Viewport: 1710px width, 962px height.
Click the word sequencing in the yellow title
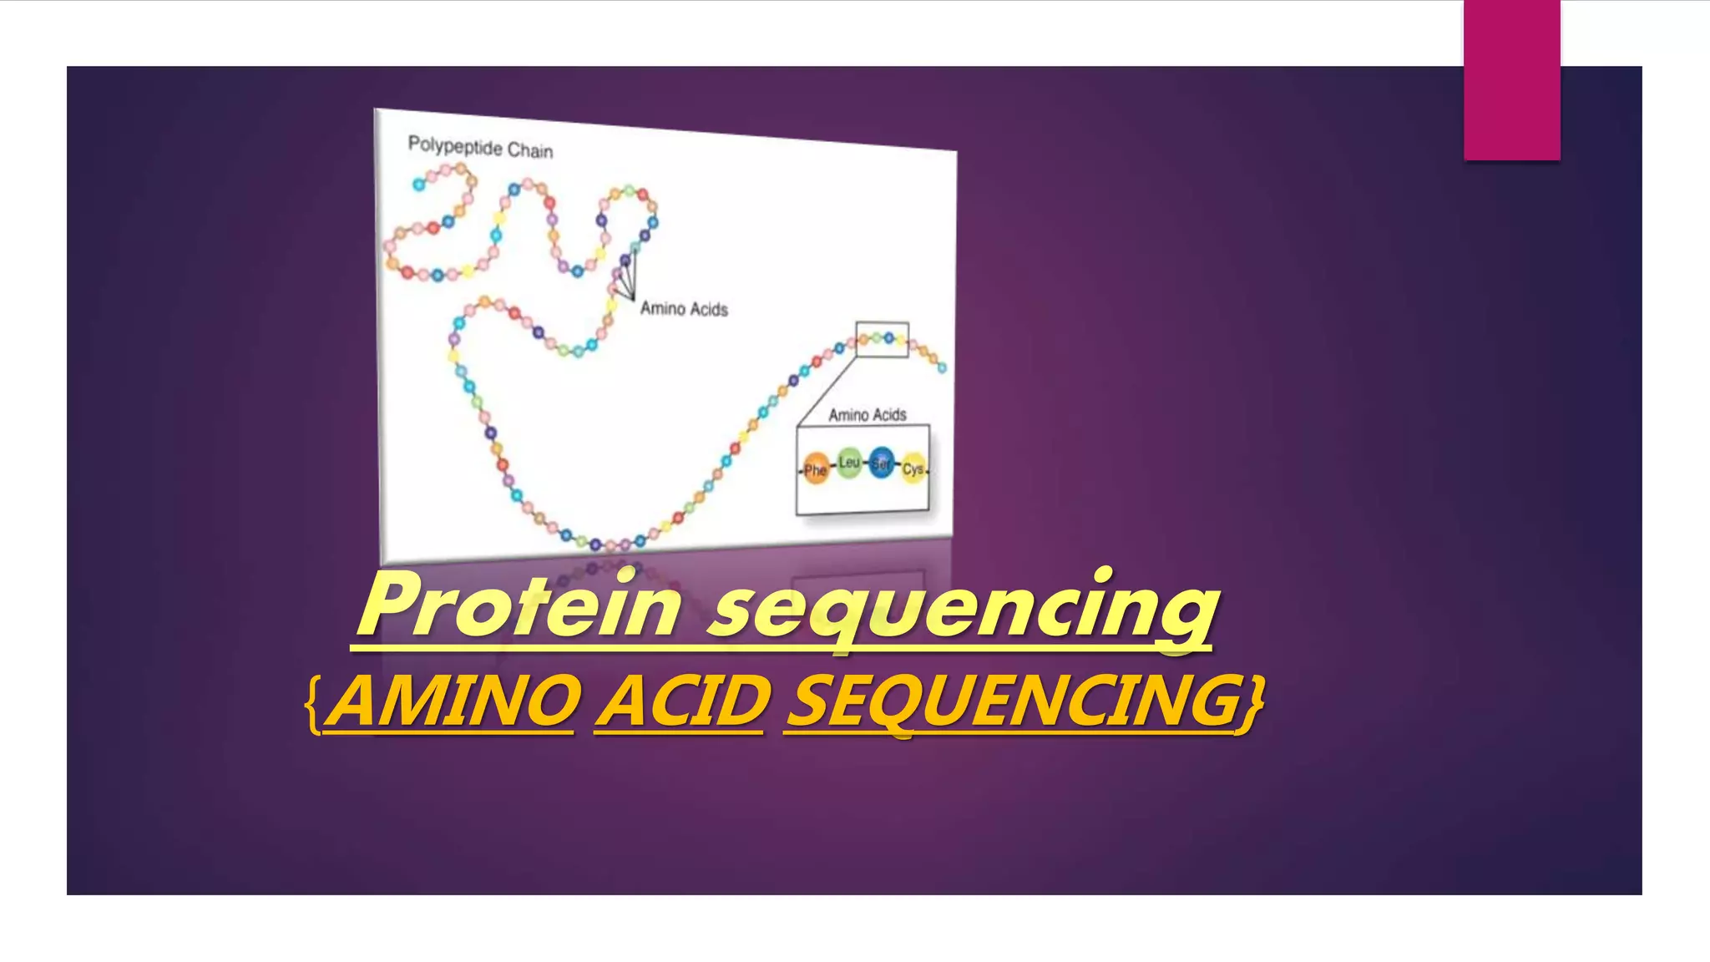(x=964, y=610)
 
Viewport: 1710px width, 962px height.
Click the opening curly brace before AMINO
(x=313, y=706)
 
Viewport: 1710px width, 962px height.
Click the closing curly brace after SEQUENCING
(x=1253, y=706)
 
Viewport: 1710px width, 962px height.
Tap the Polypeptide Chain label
(x=480, y=148)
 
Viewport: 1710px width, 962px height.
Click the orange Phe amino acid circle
(x=815, y=469)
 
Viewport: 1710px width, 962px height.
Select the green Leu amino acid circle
(x=849, y=463)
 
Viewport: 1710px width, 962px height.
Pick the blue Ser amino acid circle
(x=882, y=463)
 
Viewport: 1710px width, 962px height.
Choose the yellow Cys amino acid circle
(x=913, y=469)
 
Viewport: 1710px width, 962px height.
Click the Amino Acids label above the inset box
(x=867, y=414)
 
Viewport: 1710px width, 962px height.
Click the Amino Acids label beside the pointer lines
(x=684, y=309)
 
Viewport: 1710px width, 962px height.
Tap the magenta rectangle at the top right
(x=1511, y=79)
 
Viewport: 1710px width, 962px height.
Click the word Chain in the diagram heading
(x=530, y=150)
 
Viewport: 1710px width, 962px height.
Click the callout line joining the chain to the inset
(x=827, y=391)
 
